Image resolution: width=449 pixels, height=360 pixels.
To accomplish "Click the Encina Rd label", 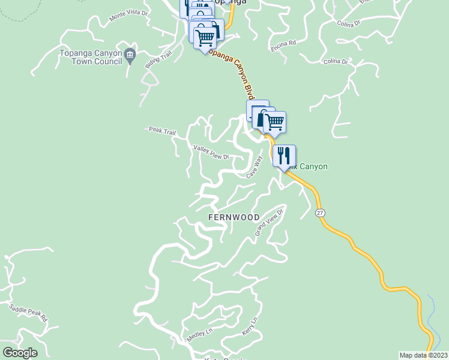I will click(x=284, y=45).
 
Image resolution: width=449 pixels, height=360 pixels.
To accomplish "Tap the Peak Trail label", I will click(x=161, y=130).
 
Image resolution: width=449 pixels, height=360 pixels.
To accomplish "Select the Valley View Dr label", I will click(x=211, y=152).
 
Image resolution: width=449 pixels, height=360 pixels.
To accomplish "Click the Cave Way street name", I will click(x=255, y=167).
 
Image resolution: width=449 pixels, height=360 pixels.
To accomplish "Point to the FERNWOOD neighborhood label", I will click(x=234, y=217).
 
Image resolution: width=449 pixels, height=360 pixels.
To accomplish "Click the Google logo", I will click(x=20, y=353).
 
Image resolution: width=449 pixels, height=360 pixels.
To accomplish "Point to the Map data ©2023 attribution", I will click(x=423, y=355).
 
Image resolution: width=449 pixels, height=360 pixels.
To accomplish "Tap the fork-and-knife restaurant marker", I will click(x=284, y=156).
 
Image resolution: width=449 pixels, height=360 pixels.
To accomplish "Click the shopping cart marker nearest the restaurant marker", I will click(x=274, y=122).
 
